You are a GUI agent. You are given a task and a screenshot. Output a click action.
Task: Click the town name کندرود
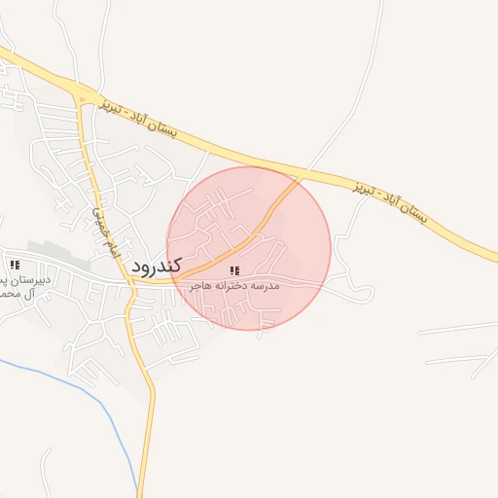[x=157, y=265]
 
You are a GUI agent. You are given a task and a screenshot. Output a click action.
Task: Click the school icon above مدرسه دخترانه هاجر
[x=234, y=270]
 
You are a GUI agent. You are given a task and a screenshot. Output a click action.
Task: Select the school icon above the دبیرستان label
[x=14, y=265]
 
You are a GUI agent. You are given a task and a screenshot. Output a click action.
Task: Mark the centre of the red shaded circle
[x=249, y=248]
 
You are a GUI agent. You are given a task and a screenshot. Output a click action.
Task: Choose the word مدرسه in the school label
[x=266, y=286]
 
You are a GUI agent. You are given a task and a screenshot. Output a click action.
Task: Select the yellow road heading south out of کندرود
[x=148, y=409]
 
